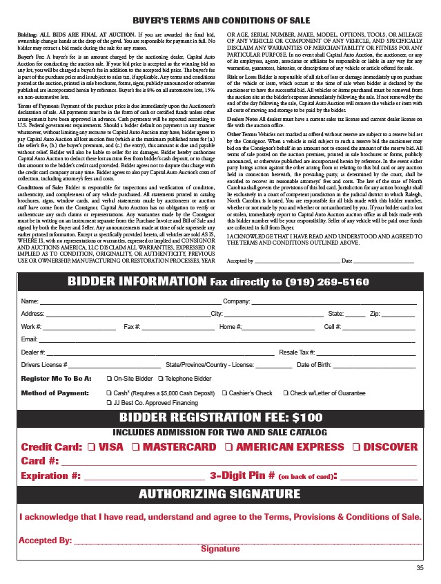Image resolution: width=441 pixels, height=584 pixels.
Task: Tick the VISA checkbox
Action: [x=92, y=447]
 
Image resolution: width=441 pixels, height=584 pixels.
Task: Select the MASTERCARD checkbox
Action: [x=136, y=447]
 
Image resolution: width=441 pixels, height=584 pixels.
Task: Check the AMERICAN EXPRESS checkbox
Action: [x=228, y=447]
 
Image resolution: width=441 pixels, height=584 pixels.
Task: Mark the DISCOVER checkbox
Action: [x=356, y=447]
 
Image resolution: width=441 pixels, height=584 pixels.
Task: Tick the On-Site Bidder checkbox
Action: [x=109, y=379]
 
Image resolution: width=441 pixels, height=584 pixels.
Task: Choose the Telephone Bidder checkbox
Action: [x=160, y=379]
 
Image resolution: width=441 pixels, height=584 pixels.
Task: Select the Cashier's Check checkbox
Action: [x=224, y=393]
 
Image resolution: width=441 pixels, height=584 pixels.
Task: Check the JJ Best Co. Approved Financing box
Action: [x=109, y=402]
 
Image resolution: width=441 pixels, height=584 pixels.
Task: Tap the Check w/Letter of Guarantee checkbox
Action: [x=286, y=393]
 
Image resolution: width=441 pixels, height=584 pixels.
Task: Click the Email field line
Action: [x=228, y=340]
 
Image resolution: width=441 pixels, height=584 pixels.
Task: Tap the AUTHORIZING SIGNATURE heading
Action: [x=219, y=493]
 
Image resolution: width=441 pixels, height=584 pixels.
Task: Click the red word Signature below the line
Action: [x=220, y=549]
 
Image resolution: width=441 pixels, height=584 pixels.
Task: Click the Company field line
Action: [x=334, y=303]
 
